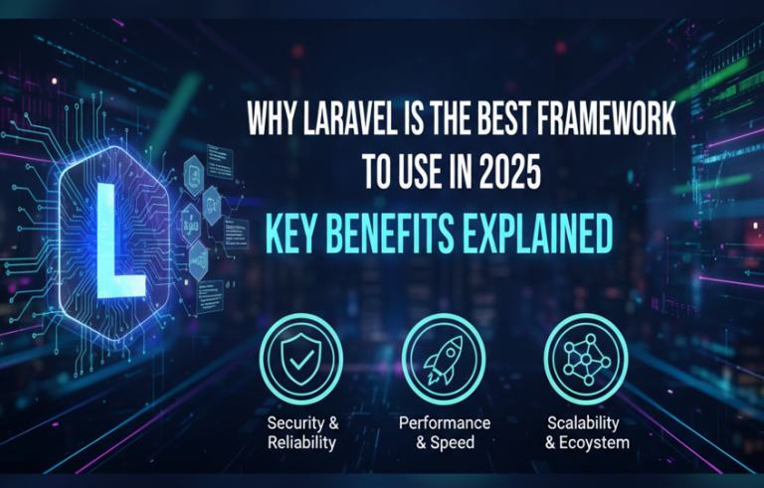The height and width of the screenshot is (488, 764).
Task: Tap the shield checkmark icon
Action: tap(301, 355)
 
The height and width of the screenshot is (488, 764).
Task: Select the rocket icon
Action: tap(443, 355)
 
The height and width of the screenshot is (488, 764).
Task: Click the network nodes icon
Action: tap(586, 355)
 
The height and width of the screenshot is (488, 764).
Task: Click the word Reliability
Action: tap(301, 442)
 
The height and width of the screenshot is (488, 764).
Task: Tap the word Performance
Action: tap(444, 421)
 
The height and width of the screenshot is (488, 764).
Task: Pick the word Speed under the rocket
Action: tap(453, 442)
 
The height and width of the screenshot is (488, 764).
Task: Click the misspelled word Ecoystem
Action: tap(596, 442)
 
